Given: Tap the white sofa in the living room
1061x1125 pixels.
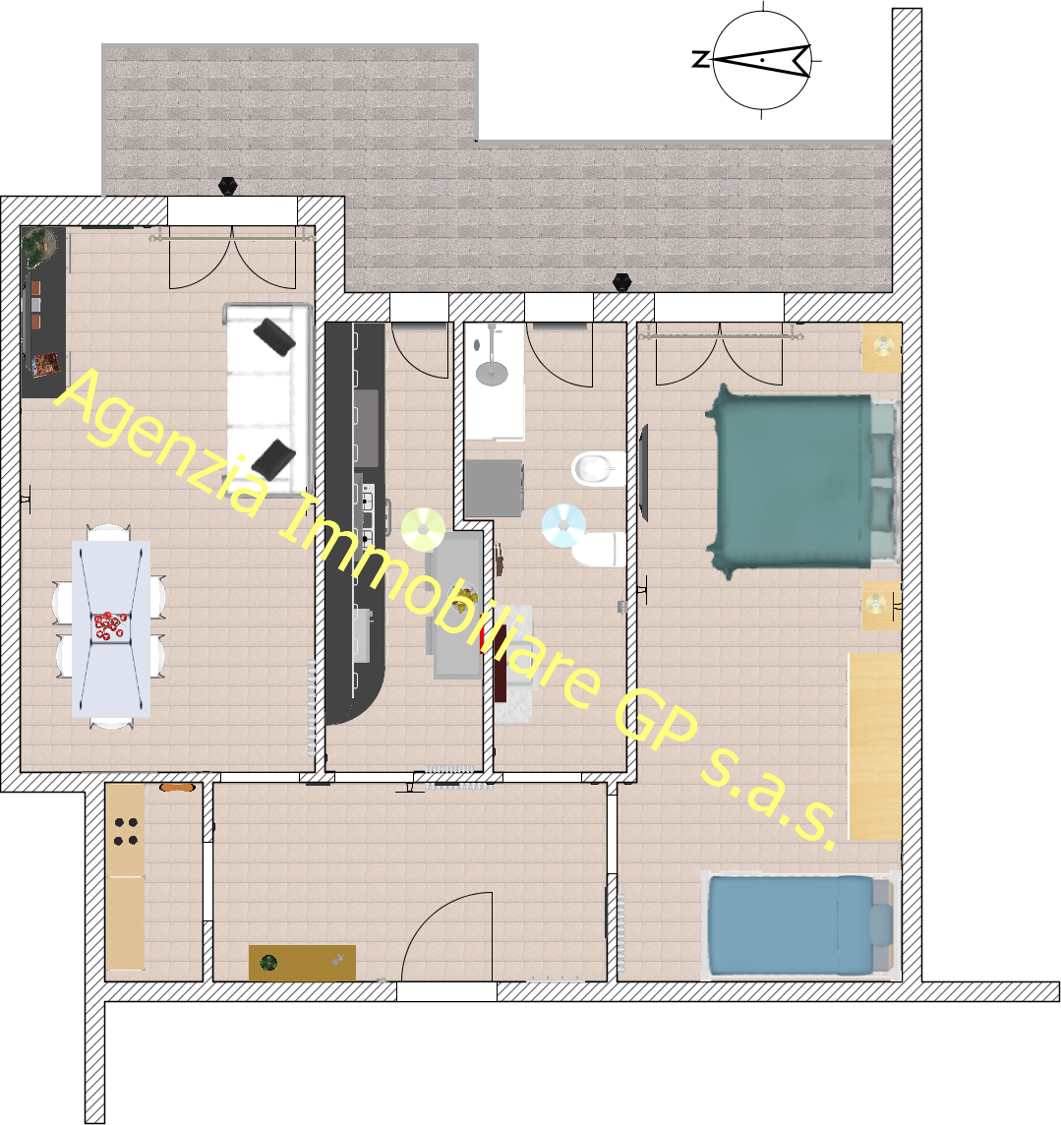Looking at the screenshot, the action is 268,399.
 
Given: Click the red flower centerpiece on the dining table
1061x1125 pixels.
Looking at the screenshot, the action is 110,625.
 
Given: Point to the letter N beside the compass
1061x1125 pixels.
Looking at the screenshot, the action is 700,59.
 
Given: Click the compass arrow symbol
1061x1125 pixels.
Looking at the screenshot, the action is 763,60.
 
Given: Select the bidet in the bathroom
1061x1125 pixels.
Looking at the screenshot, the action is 598,469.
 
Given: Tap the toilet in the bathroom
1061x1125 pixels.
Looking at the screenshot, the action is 598,549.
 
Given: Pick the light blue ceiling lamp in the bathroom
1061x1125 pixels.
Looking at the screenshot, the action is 563,526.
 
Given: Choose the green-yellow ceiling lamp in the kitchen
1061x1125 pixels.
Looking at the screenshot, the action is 423,529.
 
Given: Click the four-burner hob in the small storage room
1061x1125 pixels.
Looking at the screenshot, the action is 126,831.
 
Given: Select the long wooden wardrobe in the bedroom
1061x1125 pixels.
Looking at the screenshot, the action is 874,745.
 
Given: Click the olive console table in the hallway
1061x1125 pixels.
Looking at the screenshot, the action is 302,963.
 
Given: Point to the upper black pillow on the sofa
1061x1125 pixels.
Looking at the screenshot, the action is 274,336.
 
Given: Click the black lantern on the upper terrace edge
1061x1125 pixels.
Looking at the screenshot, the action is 228,186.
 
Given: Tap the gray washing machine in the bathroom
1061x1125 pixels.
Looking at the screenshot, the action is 494,488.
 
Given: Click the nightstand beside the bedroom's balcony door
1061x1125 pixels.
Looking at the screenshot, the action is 882,348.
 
